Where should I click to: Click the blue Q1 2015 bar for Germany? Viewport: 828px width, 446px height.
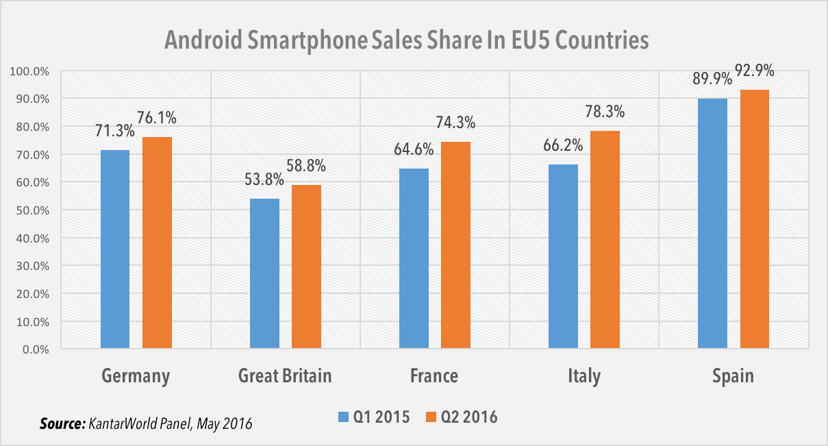click(114, 249)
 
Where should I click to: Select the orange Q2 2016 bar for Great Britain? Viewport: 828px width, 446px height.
click(306, 267)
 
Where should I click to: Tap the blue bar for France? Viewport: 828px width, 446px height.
click(414, 259)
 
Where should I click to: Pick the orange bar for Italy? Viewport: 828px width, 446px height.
click(605, 240)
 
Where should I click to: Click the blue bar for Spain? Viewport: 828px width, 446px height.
click(712, 223)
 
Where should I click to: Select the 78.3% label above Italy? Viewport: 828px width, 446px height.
click(605, 111)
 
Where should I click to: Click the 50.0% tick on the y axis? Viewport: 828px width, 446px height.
click(29, 210)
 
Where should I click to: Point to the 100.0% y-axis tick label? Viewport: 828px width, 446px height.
click(27, 71)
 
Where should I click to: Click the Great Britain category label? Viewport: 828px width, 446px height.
click(285, 375)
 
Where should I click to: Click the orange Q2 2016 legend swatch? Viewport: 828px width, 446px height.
click(431, 417)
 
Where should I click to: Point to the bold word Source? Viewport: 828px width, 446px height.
click(62, 424)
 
